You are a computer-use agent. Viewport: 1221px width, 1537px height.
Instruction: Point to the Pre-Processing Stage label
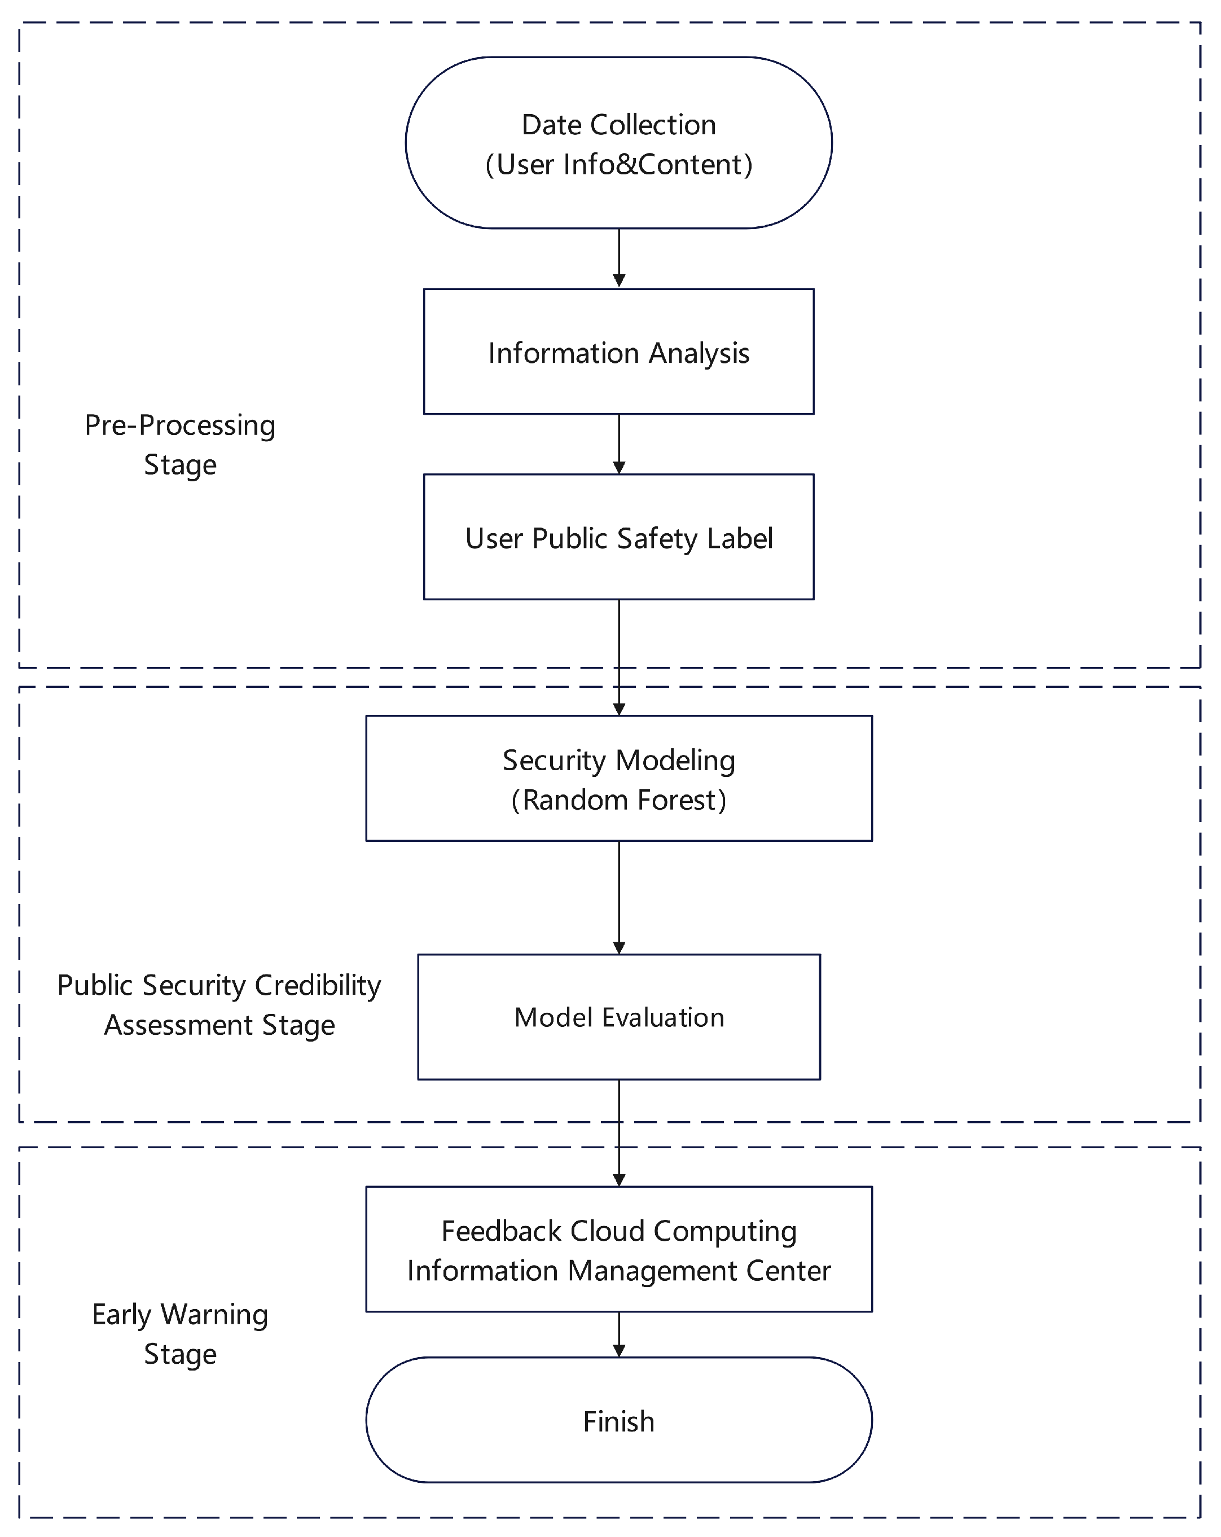tap(179, 444)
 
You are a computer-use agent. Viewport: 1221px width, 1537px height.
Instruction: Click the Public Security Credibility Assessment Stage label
tap(219, 1004)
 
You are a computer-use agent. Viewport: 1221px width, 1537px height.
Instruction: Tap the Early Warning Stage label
tap(179, 1333)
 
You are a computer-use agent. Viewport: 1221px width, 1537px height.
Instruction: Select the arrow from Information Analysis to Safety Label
tap(619, 443)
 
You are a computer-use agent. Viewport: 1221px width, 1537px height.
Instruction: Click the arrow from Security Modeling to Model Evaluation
tap(619, 896)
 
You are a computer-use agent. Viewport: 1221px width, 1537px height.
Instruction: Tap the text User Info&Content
tap(619, 164)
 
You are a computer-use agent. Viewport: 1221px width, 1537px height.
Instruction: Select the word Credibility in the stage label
tap(318, 985)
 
